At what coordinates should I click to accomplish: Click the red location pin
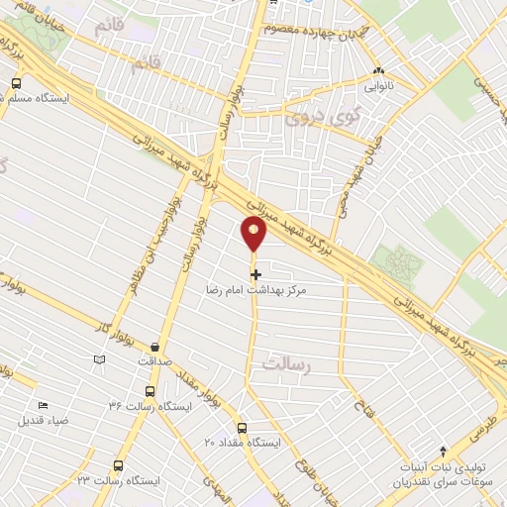[x=254, y=233]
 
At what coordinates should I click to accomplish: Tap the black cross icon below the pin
[x=255, y=273]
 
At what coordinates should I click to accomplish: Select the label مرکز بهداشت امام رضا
[x=255, y=291]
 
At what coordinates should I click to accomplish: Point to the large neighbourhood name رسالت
[x=288, y=365]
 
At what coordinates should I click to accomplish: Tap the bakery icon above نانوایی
[x=379, y=71]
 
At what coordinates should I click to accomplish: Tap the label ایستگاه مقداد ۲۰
[x=243, y=441]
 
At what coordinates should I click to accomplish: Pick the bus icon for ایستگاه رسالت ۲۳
[x=119, y=464]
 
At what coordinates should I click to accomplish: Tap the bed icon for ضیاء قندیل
[x=43, y=405]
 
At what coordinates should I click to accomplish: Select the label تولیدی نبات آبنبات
[x=443, y=466]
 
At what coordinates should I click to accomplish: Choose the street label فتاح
[x=361, y=400]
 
